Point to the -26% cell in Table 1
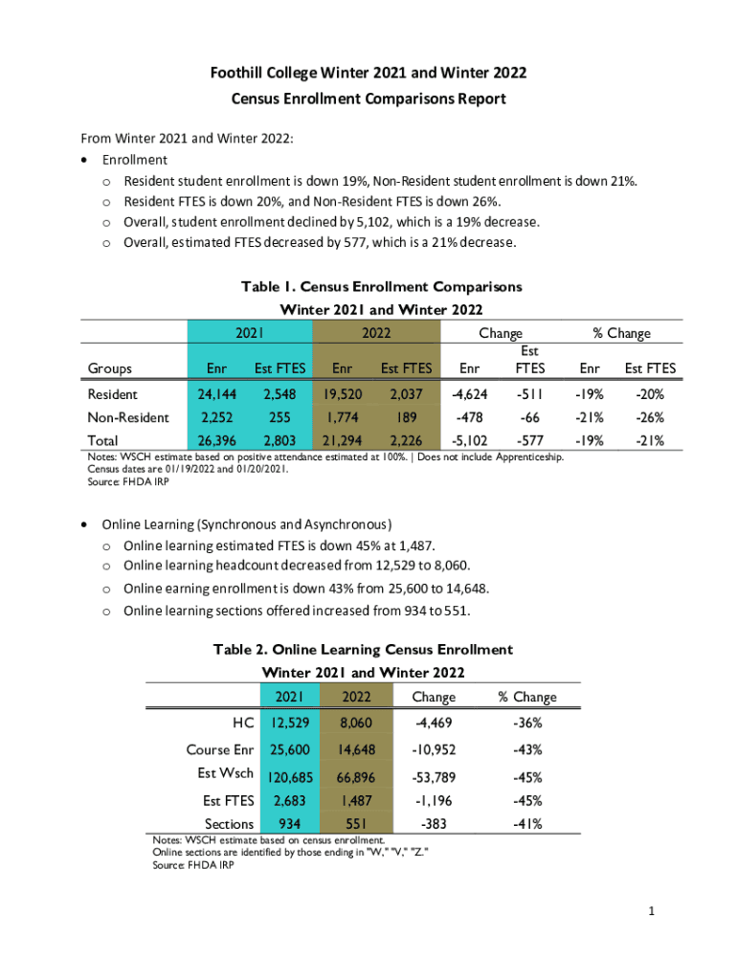[650, 417]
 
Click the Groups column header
[110, 368]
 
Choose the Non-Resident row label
[128, 417]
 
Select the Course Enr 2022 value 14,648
[355, 749]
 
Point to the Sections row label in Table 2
[229, 824]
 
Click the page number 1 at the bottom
[650, 912]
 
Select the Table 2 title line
[363, 650]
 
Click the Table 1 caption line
[381, 286]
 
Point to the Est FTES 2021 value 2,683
[289, 800]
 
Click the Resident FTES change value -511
[528, 394]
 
